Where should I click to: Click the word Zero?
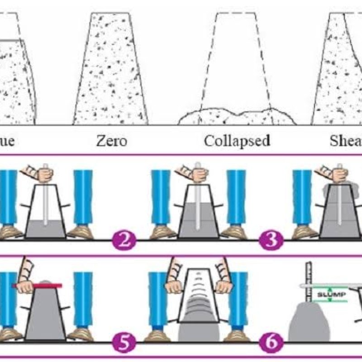(111, 141)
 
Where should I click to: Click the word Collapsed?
(237, 141)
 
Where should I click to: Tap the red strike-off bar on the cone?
(39, 286)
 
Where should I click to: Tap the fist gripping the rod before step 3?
(194, 174)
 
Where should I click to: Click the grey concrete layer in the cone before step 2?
(45, 229)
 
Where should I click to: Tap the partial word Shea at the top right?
(346, 141)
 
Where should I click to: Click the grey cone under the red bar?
(45, 317)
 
